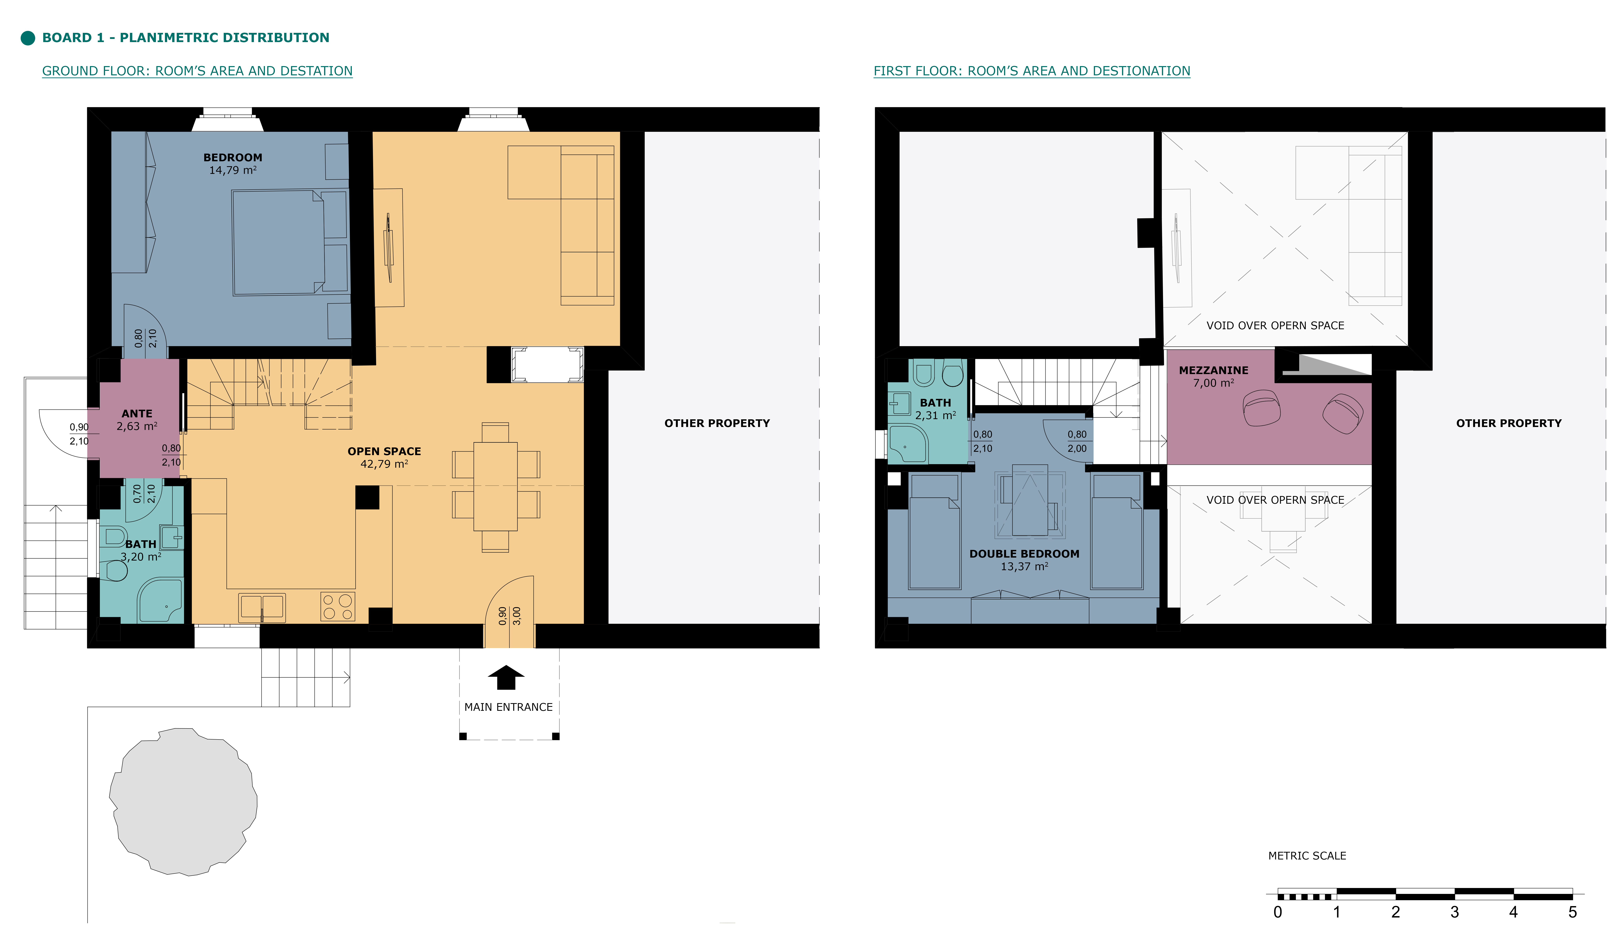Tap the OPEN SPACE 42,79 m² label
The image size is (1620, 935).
[385, 457]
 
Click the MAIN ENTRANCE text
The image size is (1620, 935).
[508, 707]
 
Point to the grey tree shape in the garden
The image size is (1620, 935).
[183, 801]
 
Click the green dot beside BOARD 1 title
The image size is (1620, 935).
[28, 38]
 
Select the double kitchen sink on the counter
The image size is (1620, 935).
[262, 608]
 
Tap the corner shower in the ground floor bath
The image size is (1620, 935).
[160, 600]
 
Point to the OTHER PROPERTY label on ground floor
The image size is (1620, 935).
[717, 423]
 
